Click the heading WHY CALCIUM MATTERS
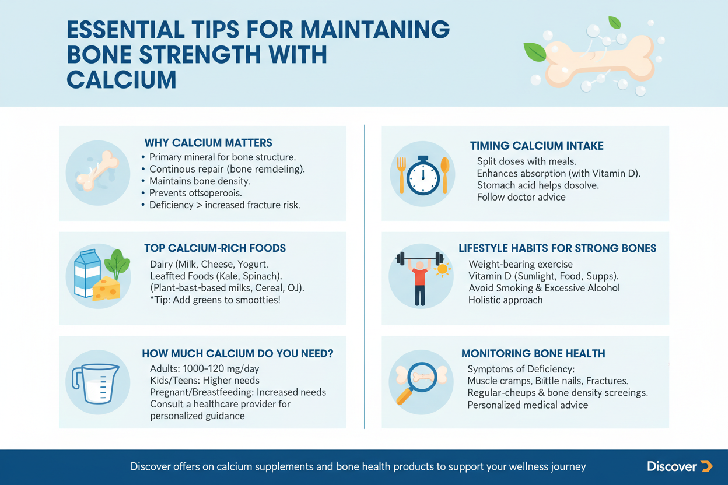(208, 143)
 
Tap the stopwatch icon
(423, 175)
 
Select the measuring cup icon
(95, 384)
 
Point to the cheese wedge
(107, 289)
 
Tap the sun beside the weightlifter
(442, 269)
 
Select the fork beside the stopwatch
(402, 175)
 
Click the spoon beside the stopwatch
(445, 175)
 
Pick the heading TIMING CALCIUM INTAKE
(537, 146)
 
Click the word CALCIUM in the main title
(121, 80)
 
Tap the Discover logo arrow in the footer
(706, 466)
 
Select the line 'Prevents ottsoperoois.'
(195, 193)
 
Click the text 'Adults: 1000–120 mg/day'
(204, 368)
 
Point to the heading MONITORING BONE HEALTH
(533, 353)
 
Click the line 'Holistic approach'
(505, 300)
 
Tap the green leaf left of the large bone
(534, 52)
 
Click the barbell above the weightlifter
(419, 259)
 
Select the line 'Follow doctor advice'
(521, 197)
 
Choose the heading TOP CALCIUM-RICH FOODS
(215, 248)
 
